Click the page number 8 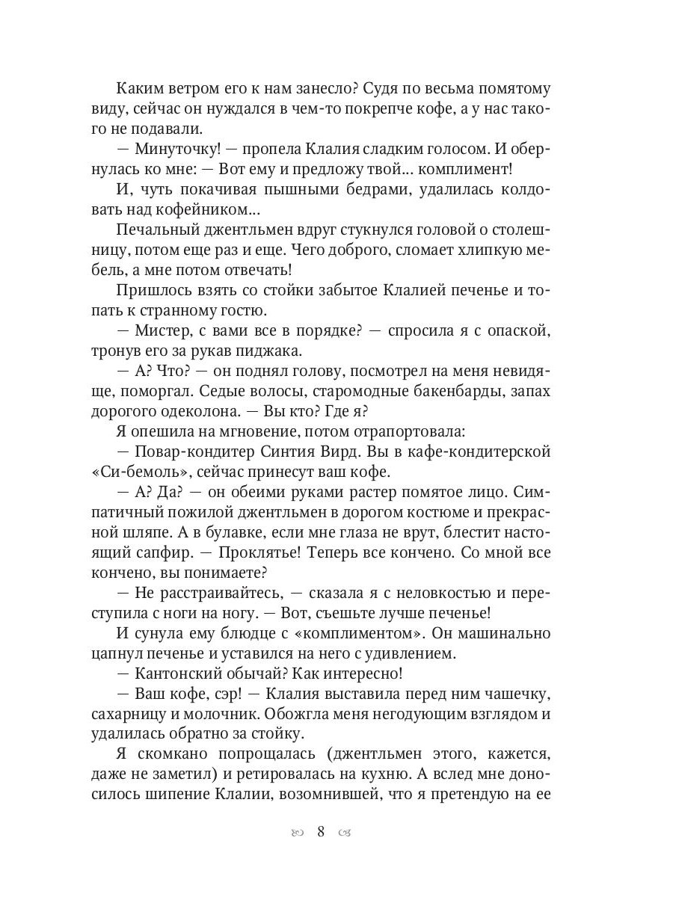click(x=321, y=831)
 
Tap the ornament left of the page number click(x=298, y=833)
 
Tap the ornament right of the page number click(x=344, y=833)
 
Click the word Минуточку click(x=173, y=148)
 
